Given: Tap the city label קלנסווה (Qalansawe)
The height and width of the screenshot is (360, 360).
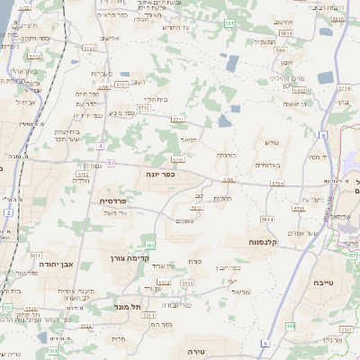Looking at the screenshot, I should point(267,243).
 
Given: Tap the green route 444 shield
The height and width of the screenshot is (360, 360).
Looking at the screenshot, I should point(291,325).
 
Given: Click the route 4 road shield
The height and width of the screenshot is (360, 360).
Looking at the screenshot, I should point(101,145).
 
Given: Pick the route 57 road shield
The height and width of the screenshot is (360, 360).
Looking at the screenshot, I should point(112,163).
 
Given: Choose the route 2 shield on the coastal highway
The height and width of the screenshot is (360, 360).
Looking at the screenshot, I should point(7,212).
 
